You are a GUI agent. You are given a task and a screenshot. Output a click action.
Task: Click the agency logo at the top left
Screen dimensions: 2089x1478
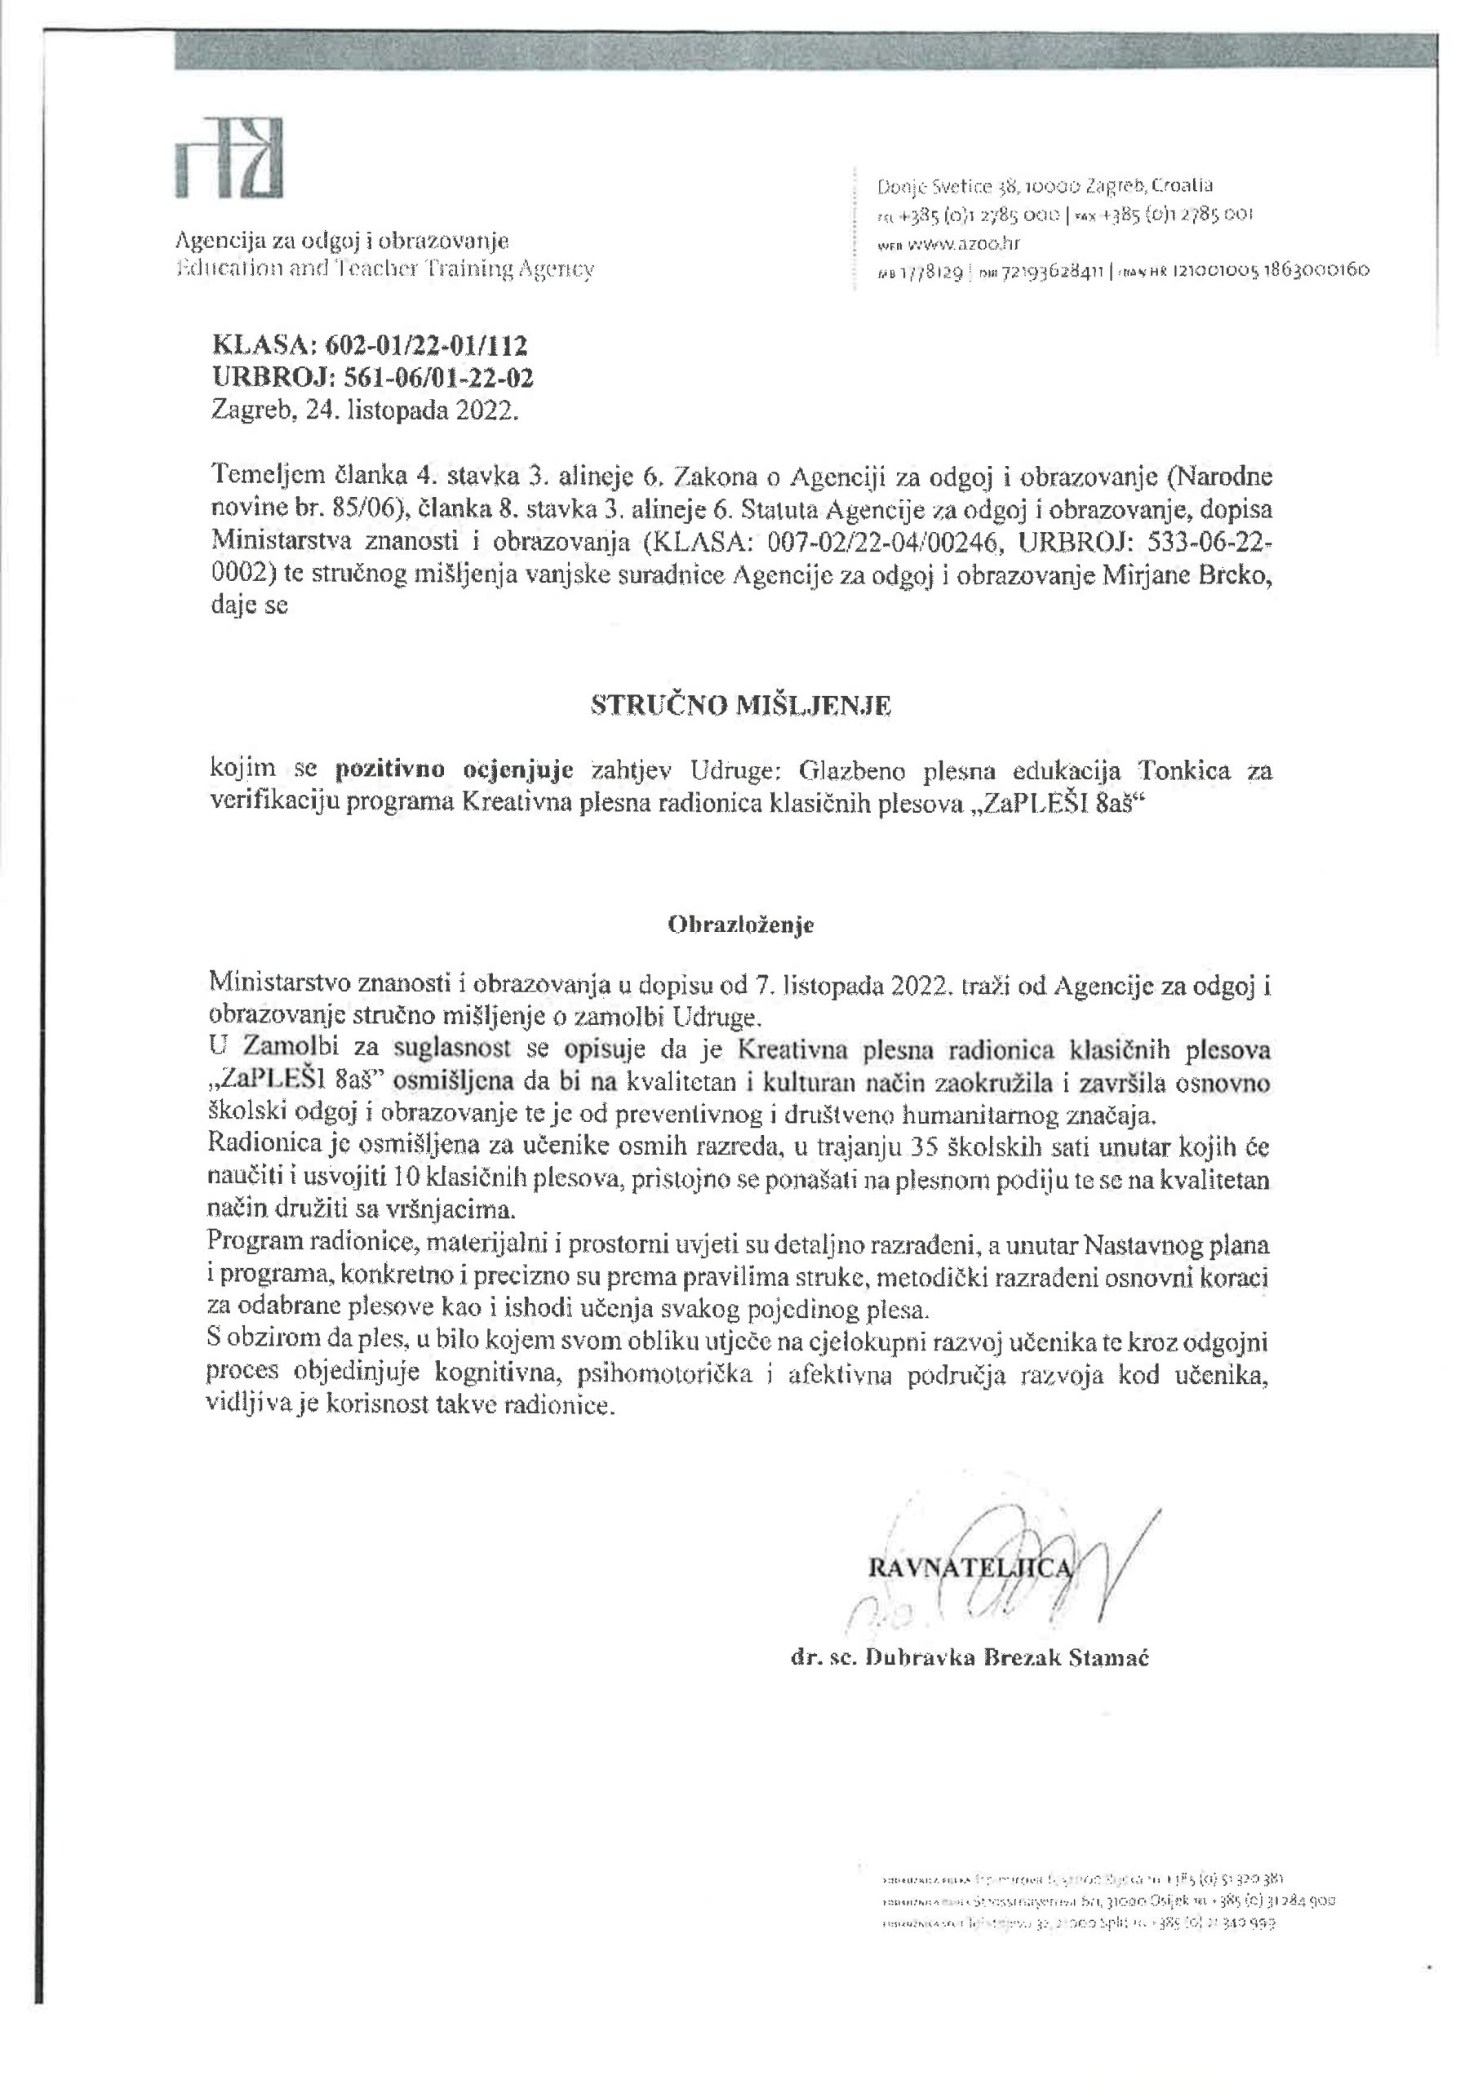[x=229, y=157]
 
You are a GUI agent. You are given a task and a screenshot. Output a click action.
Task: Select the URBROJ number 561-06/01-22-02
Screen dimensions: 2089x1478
[x=429, y=378]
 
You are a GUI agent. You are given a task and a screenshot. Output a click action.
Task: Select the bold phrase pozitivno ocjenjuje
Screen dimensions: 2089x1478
[x=454, y=770]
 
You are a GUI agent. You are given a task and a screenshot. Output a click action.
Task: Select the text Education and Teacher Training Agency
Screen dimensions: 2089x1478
[x=384, y=269]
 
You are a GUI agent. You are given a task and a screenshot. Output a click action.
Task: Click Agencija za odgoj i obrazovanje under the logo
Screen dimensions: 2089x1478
[x=341, y=241]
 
